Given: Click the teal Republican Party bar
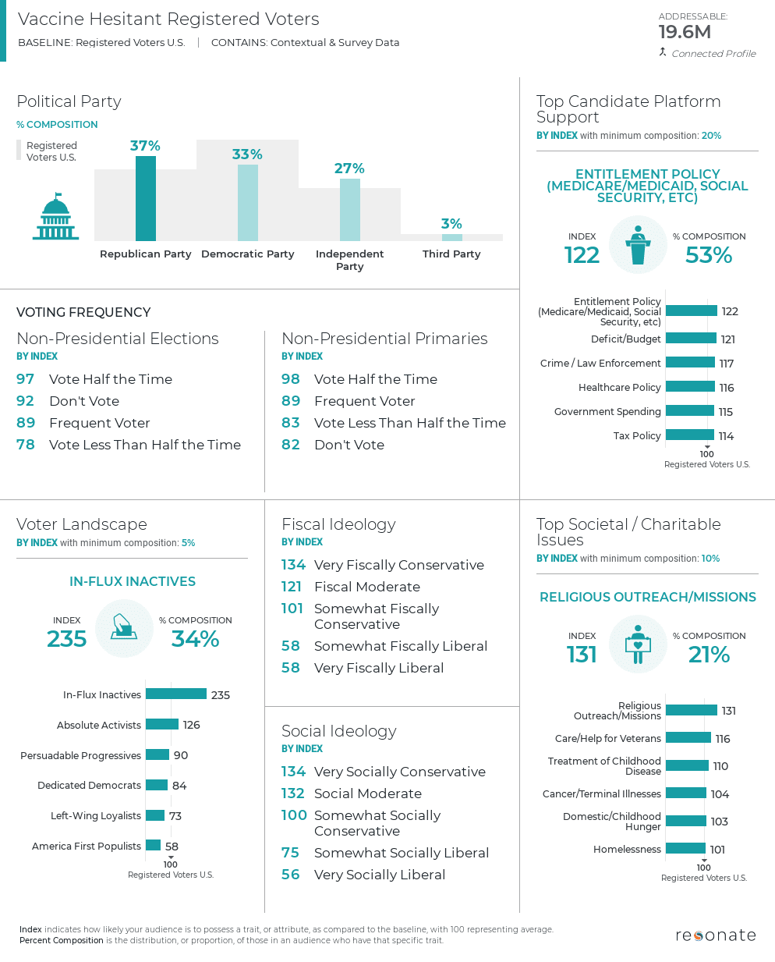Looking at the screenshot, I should point(146,198).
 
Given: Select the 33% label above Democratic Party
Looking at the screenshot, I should point(247,154).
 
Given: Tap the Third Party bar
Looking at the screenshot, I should point(451,237).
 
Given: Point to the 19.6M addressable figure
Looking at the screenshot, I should point(685,32).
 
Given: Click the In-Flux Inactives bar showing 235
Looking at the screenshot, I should point(176,694).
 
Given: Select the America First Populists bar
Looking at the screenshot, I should point(153,846).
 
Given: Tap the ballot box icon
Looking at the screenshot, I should point(124,627).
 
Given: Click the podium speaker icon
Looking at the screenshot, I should point(638,245).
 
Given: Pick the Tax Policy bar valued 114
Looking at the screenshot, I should point(690,435).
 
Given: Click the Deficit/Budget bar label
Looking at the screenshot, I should point(625,339).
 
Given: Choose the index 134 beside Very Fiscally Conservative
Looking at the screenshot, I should point(293,565).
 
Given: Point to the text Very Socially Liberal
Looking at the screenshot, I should point(380,875).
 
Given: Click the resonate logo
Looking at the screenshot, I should point(715,935).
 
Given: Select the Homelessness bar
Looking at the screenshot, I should point(685,849).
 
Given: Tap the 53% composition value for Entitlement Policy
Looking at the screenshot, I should point(708,255).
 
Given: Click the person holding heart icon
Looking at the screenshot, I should point(638,644).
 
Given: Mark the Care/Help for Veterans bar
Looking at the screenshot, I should point(688,738).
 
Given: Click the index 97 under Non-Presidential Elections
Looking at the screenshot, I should point(26,379).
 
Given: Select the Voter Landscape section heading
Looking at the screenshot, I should point(82,524).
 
